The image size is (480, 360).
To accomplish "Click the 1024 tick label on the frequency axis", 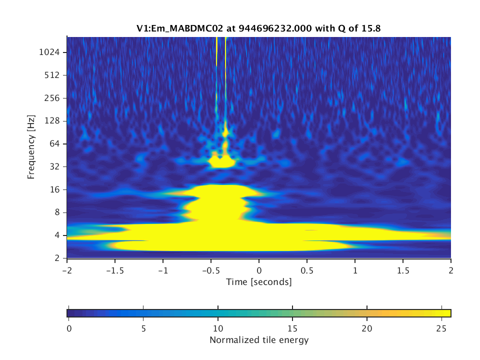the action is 49,52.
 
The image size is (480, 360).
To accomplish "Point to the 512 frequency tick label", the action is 51,75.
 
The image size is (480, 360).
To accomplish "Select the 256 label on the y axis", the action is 51,98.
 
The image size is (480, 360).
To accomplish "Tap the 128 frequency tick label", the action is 51,121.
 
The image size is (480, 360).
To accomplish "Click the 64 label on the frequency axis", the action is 54,144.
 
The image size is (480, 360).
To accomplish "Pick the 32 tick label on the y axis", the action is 54,167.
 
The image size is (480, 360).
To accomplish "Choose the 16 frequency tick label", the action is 54,190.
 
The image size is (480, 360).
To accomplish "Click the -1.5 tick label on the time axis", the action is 115,270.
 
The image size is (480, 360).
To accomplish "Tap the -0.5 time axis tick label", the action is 211,270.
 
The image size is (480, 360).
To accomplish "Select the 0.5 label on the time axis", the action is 307,270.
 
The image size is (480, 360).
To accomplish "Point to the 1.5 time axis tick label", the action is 403,270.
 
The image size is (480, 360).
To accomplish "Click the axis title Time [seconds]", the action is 259,282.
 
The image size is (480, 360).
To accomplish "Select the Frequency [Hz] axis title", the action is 31,147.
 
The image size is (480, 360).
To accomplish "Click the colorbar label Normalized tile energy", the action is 259,340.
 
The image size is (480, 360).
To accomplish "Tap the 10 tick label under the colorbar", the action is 218,329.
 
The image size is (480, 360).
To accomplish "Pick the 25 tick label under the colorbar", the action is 441,329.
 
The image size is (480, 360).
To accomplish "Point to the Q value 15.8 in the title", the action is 371,28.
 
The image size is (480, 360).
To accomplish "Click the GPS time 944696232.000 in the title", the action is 275,28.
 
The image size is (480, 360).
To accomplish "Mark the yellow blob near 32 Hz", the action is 222,161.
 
